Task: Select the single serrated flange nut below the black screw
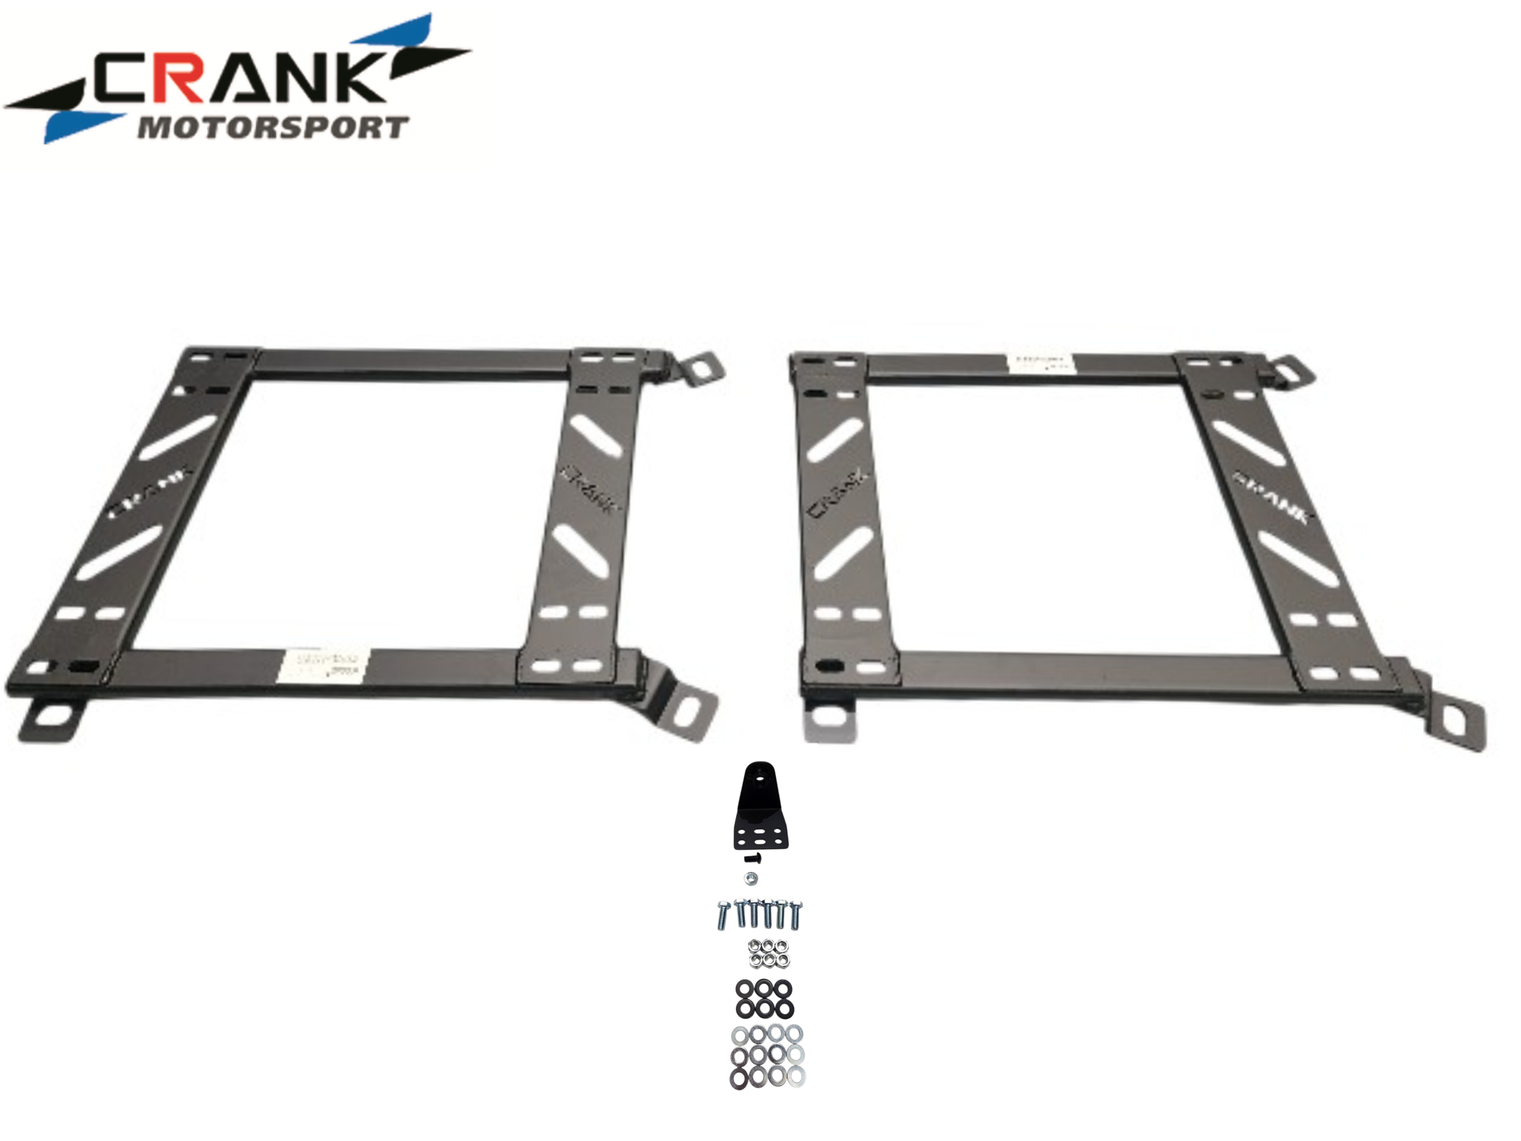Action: click(752, 878)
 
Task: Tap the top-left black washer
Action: click(744, 989)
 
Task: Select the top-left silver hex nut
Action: click(755, 945)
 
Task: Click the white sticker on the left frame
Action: click(323, 665)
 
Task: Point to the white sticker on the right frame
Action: click(1040, 364)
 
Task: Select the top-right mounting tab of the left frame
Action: click(703, 368)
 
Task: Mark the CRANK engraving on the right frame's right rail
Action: click(1273, 497)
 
